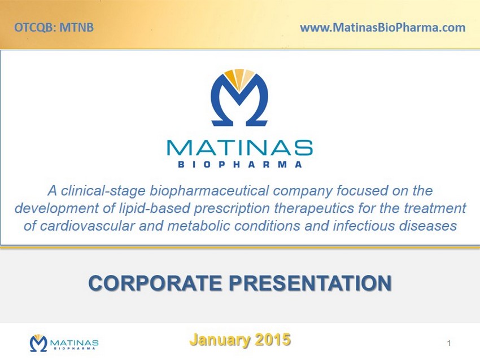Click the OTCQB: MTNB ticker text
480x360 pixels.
click(54, 28)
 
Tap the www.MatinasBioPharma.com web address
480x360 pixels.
click(383, 28)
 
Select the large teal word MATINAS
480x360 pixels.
click(239, 148)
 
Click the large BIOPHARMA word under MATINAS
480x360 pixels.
click(240, 165)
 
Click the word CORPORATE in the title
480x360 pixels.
click(155, 283)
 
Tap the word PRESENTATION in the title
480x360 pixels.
click(311, 283)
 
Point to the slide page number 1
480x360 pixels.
click(449, 343)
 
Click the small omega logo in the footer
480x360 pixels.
click(38, 343)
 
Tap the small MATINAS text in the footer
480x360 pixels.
click(74, 343)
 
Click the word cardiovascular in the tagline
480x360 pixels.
click(87, 226)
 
